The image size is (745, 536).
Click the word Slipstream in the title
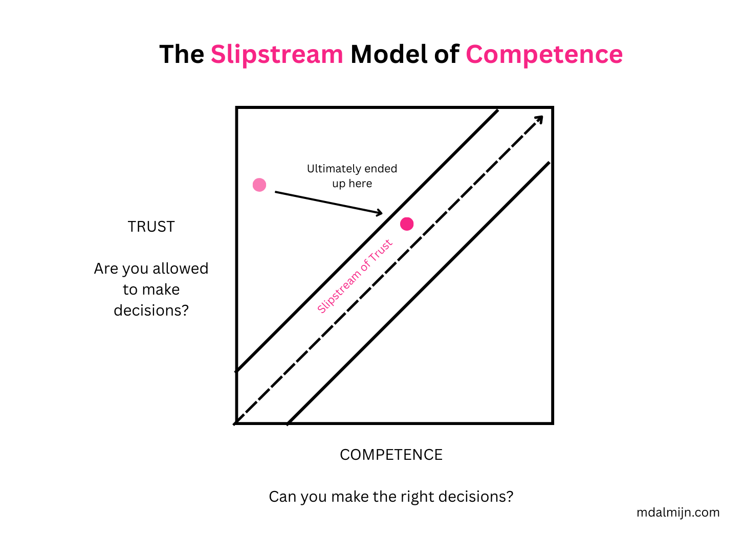pyautogui.click(x=277, y=54)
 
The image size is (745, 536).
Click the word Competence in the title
pyautogui.click(x=544, y=54)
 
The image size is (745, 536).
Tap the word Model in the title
pyautogui.click(x=389, y=54)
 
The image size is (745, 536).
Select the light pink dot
pyautogui.click(x=259, y=185)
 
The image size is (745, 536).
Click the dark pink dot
pyautogui.click(x=407, y=224)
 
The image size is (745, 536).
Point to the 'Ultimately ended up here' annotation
pyautogui.click(x=352, y=176)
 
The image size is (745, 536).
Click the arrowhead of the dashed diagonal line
pyautogui.click(x=539, y=119)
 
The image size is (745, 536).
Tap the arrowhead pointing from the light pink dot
pyautogui.click(x=379, y=213)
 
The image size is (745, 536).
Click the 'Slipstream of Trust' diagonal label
pyautogui.click(x=355, y=276)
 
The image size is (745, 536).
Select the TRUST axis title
pyautogui.click(x=151, y=227)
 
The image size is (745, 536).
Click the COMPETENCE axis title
pyautogui.click(x=391, y=455)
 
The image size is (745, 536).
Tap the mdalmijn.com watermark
pyautogui.click(x=678, y=512)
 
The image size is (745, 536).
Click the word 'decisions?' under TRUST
pyautogui.click(x=151, y=310)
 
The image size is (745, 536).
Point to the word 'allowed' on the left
pyautogui.click(x=180, y=269)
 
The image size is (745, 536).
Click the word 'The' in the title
pyautogui.click(x=182, y=54)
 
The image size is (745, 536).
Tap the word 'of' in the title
pyautogui.click(x=447, y=54)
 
